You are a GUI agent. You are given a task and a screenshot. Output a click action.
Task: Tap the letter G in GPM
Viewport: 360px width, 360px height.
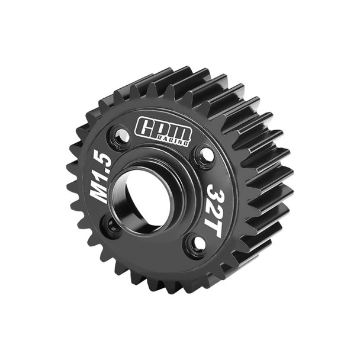point(146,126)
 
